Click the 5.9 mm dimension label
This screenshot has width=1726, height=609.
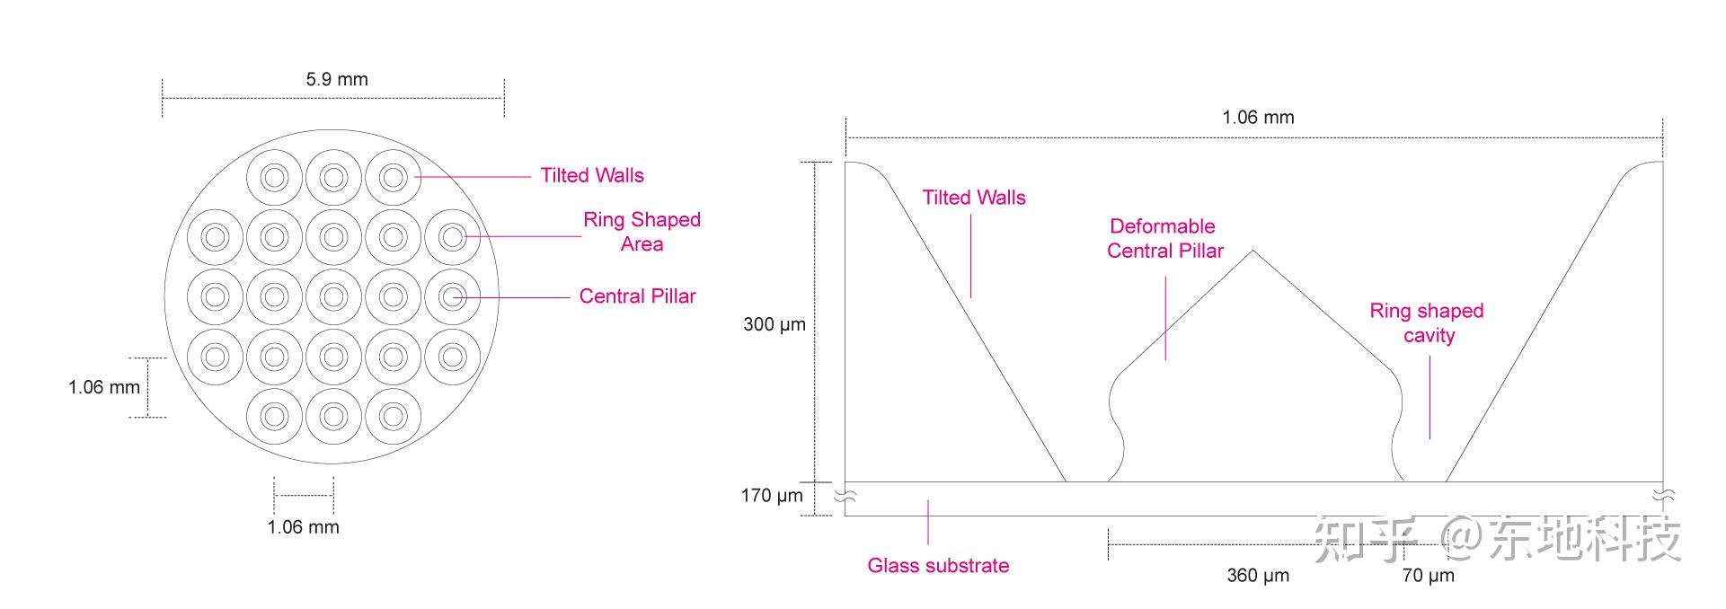[x=336, y=79]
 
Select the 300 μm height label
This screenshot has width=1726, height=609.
[x=774, y=324]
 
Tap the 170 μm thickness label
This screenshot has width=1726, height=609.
[x=771, y=496]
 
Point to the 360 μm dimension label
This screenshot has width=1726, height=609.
[x=1257, y=576]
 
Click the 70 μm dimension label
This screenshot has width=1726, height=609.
[x=1428, y=576]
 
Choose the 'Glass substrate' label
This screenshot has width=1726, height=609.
[x=937, y=566]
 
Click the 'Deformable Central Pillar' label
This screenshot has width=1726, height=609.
[x=1164, y=239]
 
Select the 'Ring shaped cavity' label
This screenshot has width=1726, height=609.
[x=1426, y=323]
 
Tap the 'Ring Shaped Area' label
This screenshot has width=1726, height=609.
[x=642, y=232]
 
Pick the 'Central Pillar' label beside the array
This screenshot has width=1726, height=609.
[x=637, y=296]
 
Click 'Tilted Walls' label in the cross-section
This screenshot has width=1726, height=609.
[x=973, y=198]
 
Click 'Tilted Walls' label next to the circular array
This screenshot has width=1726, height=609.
[x=591, y=175]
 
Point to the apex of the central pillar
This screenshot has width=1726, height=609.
[x=1252, y=252]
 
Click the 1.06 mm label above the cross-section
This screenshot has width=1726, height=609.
[x=1258, y=118]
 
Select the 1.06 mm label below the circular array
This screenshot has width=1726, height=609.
[x=303, y=527]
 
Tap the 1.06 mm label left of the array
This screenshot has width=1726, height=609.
[x=104, y=387]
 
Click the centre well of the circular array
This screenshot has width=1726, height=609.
[x=333, y=297]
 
